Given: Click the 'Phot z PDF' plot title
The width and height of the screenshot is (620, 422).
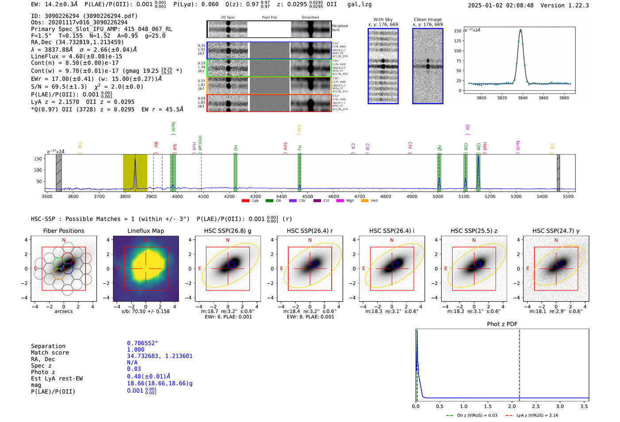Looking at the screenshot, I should point(502,324).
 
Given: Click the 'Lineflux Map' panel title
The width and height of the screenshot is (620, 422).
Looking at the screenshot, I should point(145,231).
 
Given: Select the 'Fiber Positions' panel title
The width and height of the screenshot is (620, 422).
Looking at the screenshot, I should point(63,231).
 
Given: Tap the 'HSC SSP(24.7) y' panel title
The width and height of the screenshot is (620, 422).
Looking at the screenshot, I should point(556,231).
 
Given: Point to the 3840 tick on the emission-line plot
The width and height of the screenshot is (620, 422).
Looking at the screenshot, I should point(523,98).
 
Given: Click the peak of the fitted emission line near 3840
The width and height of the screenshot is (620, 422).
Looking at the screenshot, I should point(520,30).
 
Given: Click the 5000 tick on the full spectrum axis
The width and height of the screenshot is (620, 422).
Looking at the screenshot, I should point(438,196).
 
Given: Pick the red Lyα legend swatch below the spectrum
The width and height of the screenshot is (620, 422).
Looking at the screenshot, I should point(246,201).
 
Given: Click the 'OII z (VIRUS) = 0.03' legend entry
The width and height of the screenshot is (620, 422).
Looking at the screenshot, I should point(476,415).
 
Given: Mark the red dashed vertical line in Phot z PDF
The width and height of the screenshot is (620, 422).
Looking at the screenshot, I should point(519,363).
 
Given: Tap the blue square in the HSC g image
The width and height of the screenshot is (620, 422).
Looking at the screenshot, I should point(231,264).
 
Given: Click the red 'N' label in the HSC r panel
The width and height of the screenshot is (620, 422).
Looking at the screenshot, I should point(310,240).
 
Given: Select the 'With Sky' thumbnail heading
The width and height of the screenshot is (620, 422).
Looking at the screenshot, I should point(383,19).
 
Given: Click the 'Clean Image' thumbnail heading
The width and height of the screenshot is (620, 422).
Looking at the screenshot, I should point(427,19).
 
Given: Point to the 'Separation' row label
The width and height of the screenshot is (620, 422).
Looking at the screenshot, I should point(48,346).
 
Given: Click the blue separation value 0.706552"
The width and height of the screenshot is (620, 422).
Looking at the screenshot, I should point(142,343).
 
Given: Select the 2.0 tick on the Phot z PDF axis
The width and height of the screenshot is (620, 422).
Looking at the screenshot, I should point(512,406).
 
